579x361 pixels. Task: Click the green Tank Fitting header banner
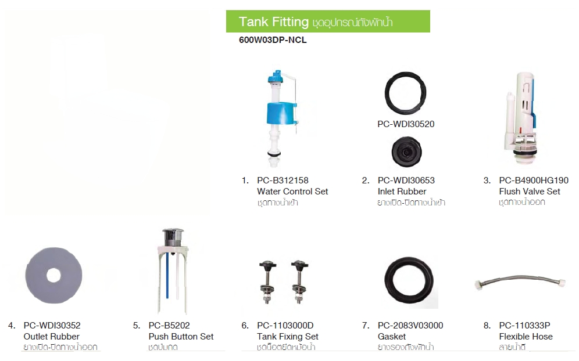(x=327, y=21)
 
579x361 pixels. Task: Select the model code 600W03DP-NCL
(x=272, y=41)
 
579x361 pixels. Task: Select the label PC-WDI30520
(x=405, y=124)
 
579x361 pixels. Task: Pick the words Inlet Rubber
(x=402, y=192)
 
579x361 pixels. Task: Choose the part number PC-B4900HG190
(x=533, y=180)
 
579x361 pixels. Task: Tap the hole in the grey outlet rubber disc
(x=53, y=276)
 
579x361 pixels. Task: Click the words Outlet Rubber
(x=51, y=337)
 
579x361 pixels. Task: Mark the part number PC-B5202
(x=169, y=326)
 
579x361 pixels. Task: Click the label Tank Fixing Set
(x=287, y=337)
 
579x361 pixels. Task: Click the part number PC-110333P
(x=524, y=326)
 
